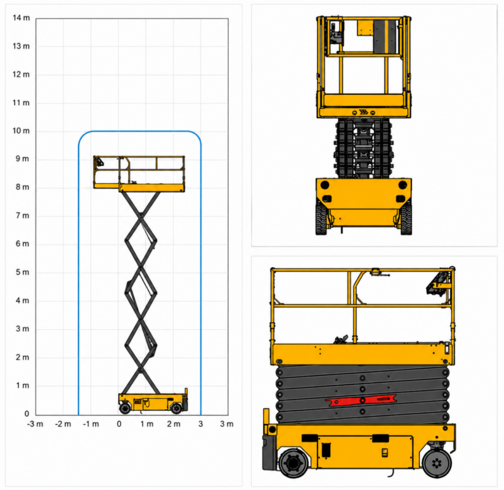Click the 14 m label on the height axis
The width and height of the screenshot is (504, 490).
point(21,18)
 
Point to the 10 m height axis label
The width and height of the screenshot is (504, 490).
point(21,130)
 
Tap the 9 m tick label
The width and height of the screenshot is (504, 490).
point(23,159)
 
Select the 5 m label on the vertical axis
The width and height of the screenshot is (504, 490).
point(23,273)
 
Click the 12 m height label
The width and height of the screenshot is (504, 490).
point(21,74)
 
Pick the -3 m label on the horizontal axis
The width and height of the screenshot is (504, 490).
point(35,424)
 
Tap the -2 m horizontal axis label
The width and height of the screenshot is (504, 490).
point(63,424)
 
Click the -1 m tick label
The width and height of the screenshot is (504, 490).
point(91,424)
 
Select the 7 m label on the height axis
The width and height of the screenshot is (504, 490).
point(23,216)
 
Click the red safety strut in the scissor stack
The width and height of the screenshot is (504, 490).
point(361,400)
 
